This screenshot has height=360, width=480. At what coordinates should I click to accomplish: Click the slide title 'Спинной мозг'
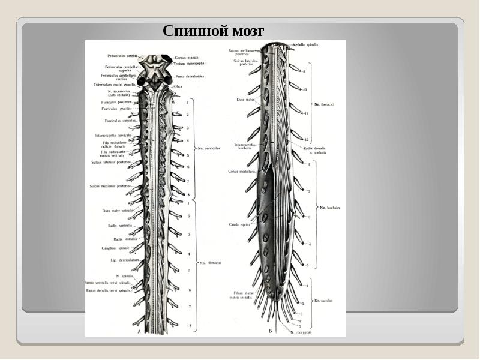point(213,31)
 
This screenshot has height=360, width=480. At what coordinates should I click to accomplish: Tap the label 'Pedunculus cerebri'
point(122,55)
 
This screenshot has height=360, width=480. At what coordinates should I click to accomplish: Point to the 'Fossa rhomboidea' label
point(190,76)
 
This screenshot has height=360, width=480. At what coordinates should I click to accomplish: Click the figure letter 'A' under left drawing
point(140,331)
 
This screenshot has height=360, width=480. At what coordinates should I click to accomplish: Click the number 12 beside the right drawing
point(305,139)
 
